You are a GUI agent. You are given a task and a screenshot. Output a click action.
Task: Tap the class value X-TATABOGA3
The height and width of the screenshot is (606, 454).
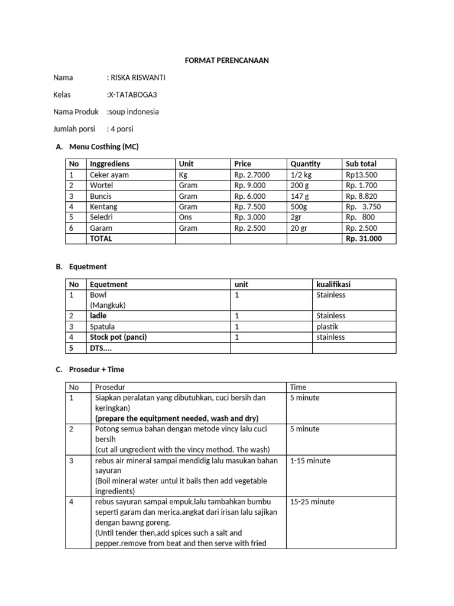(x=132, y=95)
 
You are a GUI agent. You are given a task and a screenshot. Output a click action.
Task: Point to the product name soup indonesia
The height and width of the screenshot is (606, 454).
(x=133, y=111)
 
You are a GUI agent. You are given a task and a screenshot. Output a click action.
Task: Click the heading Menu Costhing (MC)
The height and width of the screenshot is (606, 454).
(x=103, y=146)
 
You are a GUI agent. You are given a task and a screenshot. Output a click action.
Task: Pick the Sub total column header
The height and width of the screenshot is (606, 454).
(x=361, y=164)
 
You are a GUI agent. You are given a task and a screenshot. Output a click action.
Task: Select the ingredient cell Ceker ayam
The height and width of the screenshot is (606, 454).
(x=109, y=175)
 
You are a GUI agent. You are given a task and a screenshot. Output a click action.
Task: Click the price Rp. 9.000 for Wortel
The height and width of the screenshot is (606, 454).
(x=250, y=185)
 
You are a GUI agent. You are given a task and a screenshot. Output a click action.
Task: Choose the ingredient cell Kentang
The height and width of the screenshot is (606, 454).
(x=103, y=207)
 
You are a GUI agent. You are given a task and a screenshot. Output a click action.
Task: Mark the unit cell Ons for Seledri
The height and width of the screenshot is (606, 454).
(x=185, y=217)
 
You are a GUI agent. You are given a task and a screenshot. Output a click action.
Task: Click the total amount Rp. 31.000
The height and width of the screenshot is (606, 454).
(x=364, y=238)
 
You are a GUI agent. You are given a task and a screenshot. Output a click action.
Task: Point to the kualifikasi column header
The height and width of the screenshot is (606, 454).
(x=333, y=284)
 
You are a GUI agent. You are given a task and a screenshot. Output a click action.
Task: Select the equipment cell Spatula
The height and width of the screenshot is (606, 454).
(x=102, y=326)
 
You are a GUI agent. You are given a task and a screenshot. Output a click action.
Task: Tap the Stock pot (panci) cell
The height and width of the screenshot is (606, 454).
(x=118, y=337)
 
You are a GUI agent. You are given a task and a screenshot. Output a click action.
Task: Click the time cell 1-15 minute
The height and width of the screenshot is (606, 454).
(x=310, y=460)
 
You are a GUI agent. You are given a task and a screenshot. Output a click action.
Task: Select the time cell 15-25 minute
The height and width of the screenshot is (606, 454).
(x=312, y=502)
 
